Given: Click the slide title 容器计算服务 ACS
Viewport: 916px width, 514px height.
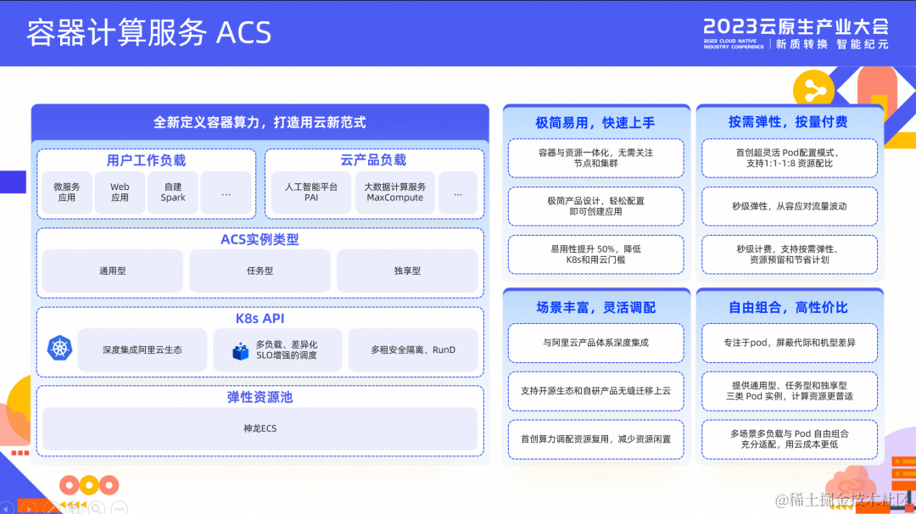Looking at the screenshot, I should click(148, 32).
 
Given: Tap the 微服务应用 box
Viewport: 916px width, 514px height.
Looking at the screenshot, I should click(67, 193).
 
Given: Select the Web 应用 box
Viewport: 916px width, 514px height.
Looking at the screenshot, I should click(120, 193).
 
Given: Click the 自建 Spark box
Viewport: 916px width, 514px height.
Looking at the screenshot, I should click(173, 193).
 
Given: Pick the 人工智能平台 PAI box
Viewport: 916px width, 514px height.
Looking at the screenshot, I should click(311, 193).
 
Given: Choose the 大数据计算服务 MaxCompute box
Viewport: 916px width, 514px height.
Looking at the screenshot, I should click(395, 193).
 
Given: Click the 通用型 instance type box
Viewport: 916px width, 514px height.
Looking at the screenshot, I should click(112, 271).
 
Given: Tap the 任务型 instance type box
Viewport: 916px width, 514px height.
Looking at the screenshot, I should click(260, 271).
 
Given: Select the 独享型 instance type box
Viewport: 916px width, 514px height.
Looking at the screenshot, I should click(407, 271).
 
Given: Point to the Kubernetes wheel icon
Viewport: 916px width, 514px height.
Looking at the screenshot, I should click(60, 348).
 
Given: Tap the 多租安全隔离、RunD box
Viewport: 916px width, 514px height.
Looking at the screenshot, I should click(413, 349).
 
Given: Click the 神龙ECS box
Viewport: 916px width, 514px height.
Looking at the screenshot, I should click(260, 428).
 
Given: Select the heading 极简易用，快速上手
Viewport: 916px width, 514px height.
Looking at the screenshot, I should click(595, 122).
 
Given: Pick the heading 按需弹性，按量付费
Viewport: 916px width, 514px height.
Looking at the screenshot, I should click(788, 122).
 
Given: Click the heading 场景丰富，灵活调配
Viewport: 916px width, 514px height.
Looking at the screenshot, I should click(595, 307).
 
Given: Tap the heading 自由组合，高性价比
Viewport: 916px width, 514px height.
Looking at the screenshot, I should click(788, 307).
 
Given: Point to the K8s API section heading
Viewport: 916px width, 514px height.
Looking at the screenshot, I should click(260, 319).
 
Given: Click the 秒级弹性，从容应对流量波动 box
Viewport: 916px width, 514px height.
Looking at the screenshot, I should click(790, 206).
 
